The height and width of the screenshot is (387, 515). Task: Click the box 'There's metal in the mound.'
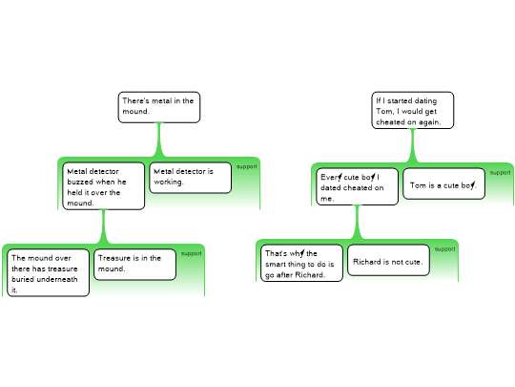159,107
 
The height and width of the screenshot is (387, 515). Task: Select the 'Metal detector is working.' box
191,178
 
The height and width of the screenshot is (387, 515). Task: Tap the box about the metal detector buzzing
103,186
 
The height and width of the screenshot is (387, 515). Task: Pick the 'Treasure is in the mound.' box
135,265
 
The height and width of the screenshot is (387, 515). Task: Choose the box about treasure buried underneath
49,272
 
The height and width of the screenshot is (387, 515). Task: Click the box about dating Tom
413,110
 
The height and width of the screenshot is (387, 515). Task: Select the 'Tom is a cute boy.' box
444,183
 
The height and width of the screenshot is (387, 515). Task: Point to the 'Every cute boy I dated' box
358,186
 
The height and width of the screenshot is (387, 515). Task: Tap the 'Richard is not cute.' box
388,260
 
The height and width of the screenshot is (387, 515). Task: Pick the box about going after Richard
301,263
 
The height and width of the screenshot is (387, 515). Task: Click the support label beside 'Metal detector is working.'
247,166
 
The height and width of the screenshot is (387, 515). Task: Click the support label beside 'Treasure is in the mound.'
191,253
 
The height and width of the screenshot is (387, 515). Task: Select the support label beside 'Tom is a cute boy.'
501,172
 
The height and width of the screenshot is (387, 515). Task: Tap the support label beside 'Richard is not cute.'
445,248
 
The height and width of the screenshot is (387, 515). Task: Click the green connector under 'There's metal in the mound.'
159,140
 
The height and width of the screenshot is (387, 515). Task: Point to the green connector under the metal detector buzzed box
104,226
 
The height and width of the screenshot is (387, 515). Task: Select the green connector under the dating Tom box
413,146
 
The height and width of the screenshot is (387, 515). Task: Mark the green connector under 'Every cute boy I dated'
358,222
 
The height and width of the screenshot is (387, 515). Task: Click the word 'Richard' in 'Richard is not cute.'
365,262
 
